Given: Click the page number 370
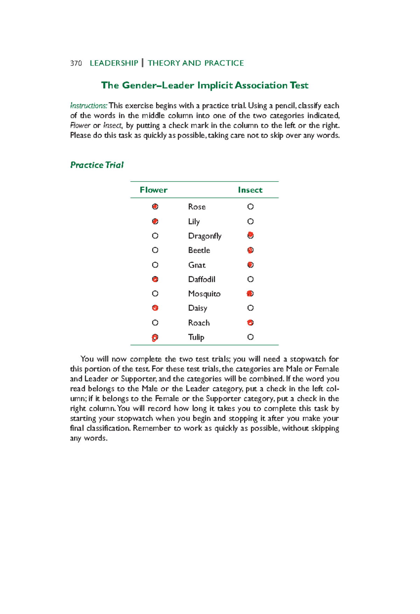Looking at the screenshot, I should tap(76, 63).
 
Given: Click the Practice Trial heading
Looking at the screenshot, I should tap(97, 165).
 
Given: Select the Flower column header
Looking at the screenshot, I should tap(153, 190).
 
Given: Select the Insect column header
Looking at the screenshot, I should tap(250, 190).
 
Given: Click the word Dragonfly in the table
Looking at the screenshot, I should tap(205, 236).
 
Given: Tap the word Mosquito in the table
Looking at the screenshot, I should tap(204, 294).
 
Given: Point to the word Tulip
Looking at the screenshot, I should tap(196, 337).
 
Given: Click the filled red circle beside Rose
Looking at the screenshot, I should tap(155, 207).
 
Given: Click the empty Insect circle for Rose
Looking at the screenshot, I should tap(250, 207).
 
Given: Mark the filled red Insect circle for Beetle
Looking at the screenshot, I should tap(250, 250).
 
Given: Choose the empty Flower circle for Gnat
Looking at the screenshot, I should tap(155, 265).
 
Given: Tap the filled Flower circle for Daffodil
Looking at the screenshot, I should tap(155, 279).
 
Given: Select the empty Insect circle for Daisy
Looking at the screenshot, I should tap(250, 308).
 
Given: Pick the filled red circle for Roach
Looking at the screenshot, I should tap(250, 323).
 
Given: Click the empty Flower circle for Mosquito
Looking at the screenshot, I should tap(155, 294).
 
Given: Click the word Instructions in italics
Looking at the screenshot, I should tap(89, 106).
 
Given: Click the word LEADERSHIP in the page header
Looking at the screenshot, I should tap(114, 63).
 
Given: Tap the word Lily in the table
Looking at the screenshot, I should tap(194, 221).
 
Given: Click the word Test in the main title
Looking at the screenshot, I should tap(299, 85).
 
